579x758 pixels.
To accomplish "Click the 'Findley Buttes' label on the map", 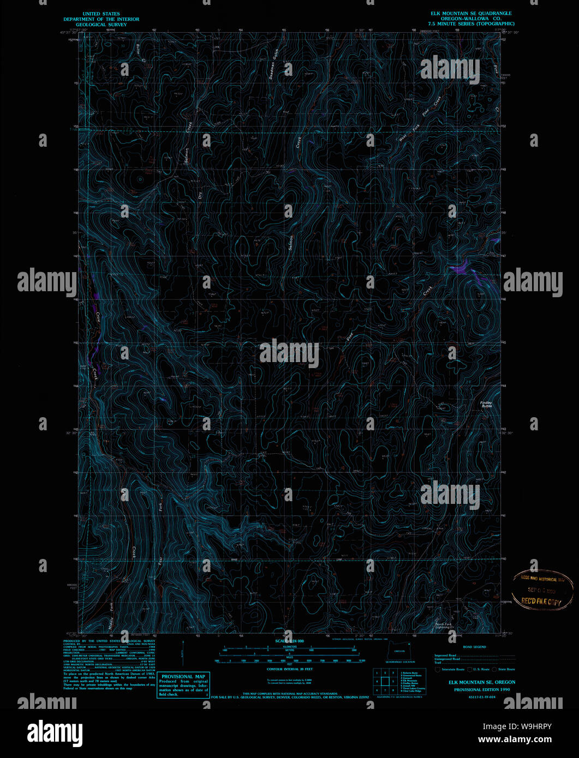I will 486,405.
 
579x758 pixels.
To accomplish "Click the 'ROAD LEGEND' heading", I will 474,647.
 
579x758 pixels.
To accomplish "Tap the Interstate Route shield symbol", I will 438,669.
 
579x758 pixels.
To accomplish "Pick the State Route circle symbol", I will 494,669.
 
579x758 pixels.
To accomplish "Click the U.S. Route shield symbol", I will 469,669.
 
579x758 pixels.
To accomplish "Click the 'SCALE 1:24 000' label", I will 289,641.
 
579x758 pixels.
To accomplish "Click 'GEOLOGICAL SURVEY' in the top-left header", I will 101,25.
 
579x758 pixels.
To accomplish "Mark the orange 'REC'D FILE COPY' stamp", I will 541,600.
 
